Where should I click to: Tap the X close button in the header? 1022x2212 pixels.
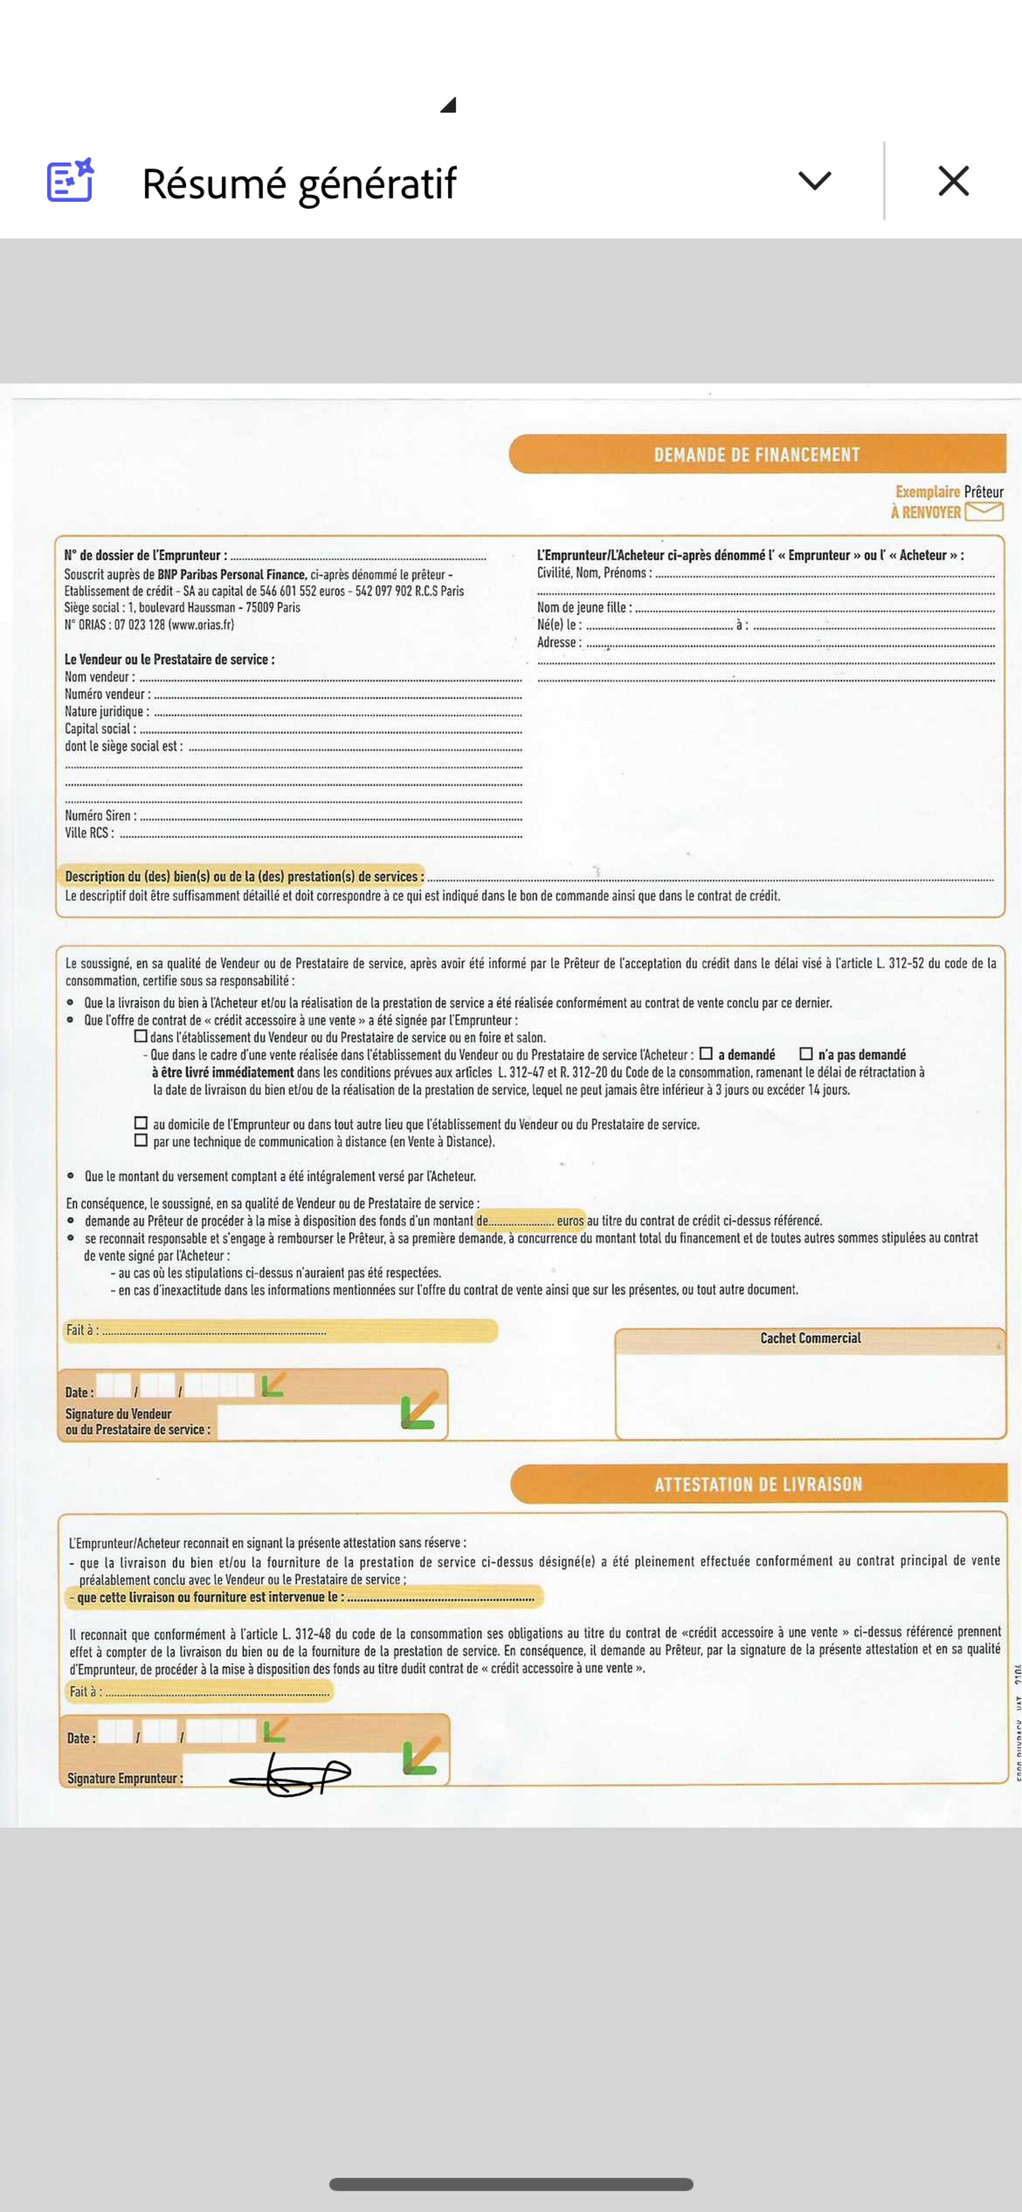pos(954,181)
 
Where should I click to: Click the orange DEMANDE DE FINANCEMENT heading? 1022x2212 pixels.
pos(757,454)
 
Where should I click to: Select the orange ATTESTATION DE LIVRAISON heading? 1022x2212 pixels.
pos(757,1484)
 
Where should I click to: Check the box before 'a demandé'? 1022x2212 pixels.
pos(706,1054)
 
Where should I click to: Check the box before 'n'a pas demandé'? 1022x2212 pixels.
pos(805,1054)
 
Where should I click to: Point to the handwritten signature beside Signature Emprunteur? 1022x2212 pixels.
pos(290,1775)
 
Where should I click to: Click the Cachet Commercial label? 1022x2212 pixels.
pos(810,1338)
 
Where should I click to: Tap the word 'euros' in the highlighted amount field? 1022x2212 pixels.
pos(570,1220)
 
